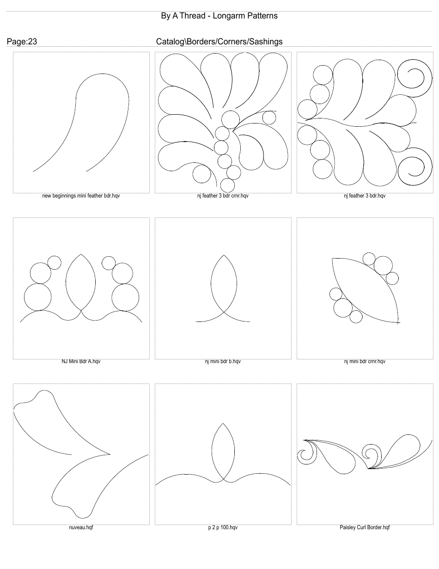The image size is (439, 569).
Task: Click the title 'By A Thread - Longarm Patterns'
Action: click(219, 16)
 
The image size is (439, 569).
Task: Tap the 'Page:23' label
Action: click(22, 42)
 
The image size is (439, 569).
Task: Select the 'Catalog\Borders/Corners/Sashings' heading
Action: click(219, 42)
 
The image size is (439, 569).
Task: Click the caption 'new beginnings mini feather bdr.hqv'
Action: click(81, 196)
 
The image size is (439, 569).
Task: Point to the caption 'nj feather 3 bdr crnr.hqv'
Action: click(223, 196)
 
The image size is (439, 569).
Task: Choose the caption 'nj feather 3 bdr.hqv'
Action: click(365, 196)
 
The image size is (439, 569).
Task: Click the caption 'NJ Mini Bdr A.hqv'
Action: click(81, 362)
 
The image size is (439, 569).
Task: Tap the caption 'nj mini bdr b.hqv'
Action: click(223, 362)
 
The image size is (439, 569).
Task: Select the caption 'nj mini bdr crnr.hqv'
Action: click(365, 362)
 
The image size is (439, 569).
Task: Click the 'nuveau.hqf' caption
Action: click(81, 527)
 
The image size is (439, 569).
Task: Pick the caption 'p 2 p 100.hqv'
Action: click(223, 527)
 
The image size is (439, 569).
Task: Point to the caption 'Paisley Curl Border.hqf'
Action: click(365, 527)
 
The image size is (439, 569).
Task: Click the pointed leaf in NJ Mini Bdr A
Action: click(81, 282)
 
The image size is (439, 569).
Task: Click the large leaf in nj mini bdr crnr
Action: click(365, 289)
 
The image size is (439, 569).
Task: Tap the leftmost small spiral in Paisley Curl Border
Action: click(305, 455)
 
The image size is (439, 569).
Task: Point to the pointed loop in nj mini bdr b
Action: click(224, 282)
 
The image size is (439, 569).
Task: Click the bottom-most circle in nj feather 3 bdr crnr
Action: click(227, 186)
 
